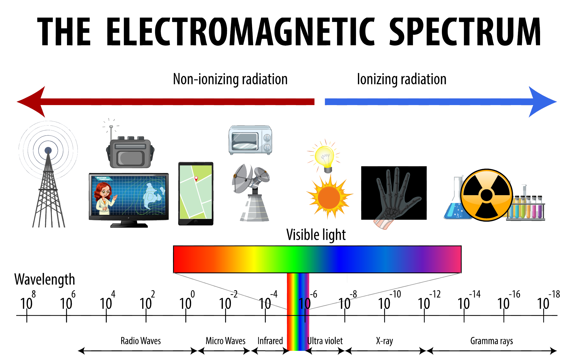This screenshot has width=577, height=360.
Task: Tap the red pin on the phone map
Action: click(x=196, y=179)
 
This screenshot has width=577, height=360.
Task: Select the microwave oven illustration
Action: click(x=250, y=140)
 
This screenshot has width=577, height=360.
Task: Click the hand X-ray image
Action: click(x=394, y=193)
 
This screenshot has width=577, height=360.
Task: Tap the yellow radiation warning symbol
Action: click(x=487, y=195)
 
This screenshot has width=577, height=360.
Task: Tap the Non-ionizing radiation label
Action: click(x=230, y=79)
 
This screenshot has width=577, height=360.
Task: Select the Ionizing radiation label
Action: click(x=402, y=79)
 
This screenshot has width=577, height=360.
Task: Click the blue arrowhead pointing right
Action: click(x=542, y=102)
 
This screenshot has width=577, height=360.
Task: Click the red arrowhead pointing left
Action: click(x=31, y=102)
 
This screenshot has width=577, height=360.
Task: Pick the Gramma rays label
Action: click(x=491, y=341)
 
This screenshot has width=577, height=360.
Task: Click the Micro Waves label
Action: click(x=225, y=341)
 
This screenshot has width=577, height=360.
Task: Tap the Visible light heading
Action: click(x=316, y=235)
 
